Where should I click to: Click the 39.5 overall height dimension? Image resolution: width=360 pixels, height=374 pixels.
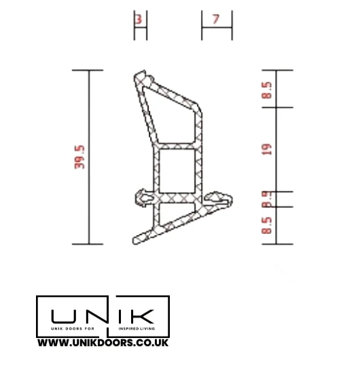tap(79, 156)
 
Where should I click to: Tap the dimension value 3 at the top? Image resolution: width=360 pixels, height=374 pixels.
tap(139, 20)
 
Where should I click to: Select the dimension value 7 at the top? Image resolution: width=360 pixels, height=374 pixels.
tap(216, 20)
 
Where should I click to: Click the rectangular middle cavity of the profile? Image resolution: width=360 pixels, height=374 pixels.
tap(177, 170)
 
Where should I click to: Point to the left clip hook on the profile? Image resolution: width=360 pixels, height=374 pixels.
tap(143, 197)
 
